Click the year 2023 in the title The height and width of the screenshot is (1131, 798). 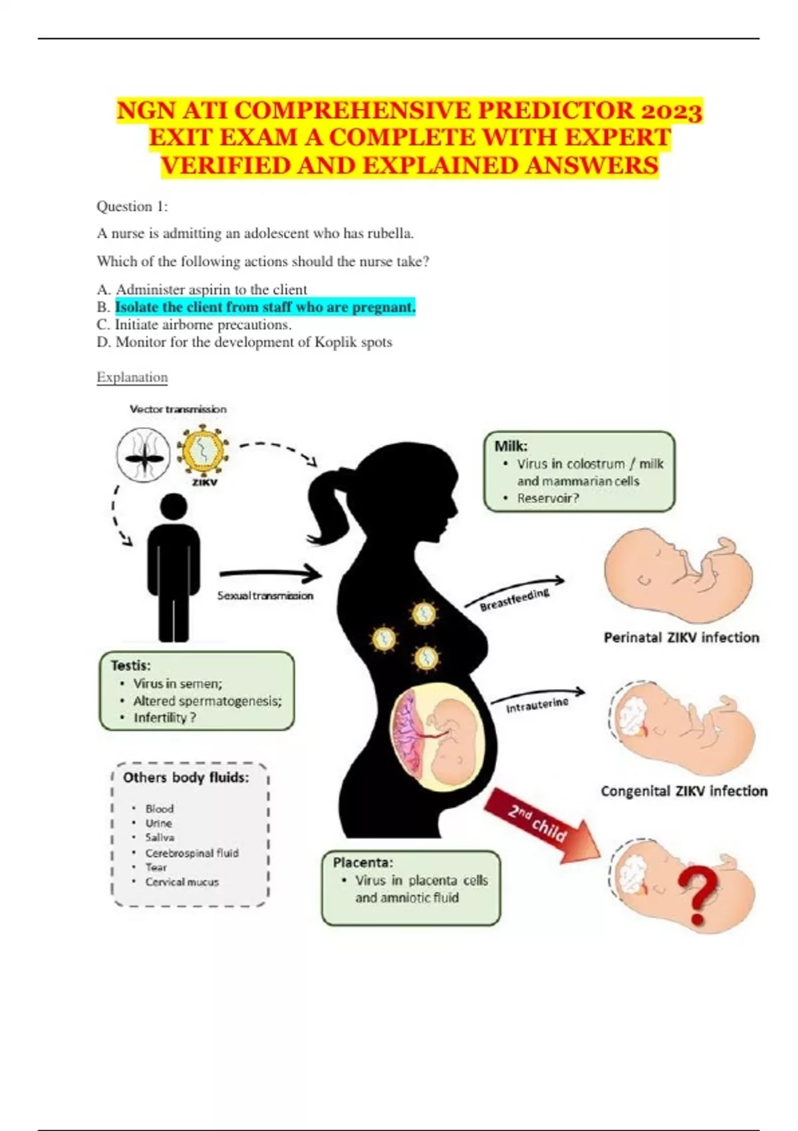(x=672, y=110)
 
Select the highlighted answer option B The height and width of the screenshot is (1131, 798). (x=265, y=307)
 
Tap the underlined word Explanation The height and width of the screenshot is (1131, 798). (x=132, y=377)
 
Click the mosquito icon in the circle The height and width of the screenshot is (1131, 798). (x=143, y=456)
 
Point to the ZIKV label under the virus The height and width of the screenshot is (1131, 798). (x=204, y=482)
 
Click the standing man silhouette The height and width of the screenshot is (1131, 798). (x=173, y=569)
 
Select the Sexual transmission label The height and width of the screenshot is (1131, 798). (x=265, y=596)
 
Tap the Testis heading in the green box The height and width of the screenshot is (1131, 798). (x=131, y=665)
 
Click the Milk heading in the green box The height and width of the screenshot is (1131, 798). (x=511, y=446)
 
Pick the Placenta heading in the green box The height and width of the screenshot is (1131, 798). (x=362, y=863)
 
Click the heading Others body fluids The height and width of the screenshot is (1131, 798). (x=186, y=778)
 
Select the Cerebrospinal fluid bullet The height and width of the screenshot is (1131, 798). (x=192, y=853)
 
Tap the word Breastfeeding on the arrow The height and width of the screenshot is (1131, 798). (x=515, y=599)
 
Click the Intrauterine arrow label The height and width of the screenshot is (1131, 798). (x=537, y=705)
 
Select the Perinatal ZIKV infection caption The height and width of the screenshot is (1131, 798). (x=681, y=637)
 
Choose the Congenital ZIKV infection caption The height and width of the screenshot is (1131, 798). (x=684, y=791)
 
